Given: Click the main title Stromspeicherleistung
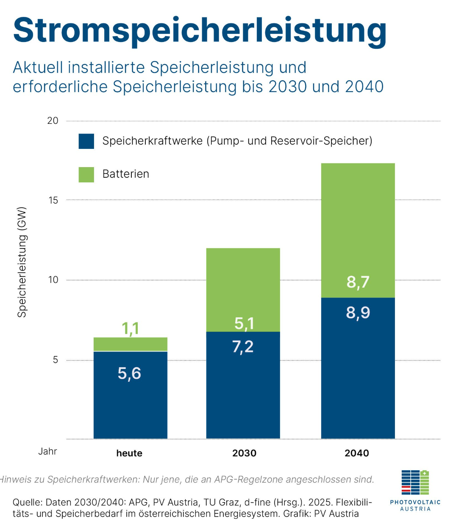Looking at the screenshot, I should pyautogui.click(x=199, y=31).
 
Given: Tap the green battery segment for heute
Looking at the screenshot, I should pyautogui.click(x=130, y=344).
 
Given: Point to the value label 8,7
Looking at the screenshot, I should pyautogui.click(x=358, y=282).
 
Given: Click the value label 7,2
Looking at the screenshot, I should pyautogui.click(x=243, y=347).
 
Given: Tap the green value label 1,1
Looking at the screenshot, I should pyautogui.click(x=130, y=328).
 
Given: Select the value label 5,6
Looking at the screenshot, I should pyautogui.click(x=129, y=373).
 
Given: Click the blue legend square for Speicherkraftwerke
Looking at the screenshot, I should pyautogui.click(x=86, y=141).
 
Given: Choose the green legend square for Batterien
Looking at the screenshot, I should pyautogui.click(x=86, y=174).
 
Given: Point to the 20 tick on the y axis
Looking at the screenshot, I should pyautogui.click(x=53, y=121).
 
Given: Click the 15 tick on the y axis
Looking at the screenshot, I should pyautogui.click(x=53, y=200).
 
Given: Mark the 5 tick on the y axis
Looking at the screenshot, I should pyautogui.click(x=56, y=360).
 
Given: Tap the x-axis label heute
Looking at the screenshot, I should pyautogui.click(x=129, y=453).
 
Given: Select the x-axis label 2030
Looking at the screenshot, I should pyautogui.click(x=244, y=453).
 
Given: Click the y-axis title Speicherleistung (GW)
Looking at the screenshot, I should pyautogui.click(x=22, y=262).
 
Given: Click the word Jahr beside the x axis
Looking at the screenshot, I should pyautogui.click(x=47, y=451).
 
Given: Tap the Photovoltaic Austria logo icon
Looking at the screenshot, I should pyautogui.click(x=415, y=483).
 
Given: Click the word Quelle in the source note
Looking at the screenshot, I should pyautogui.click(x=27, y=503).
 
